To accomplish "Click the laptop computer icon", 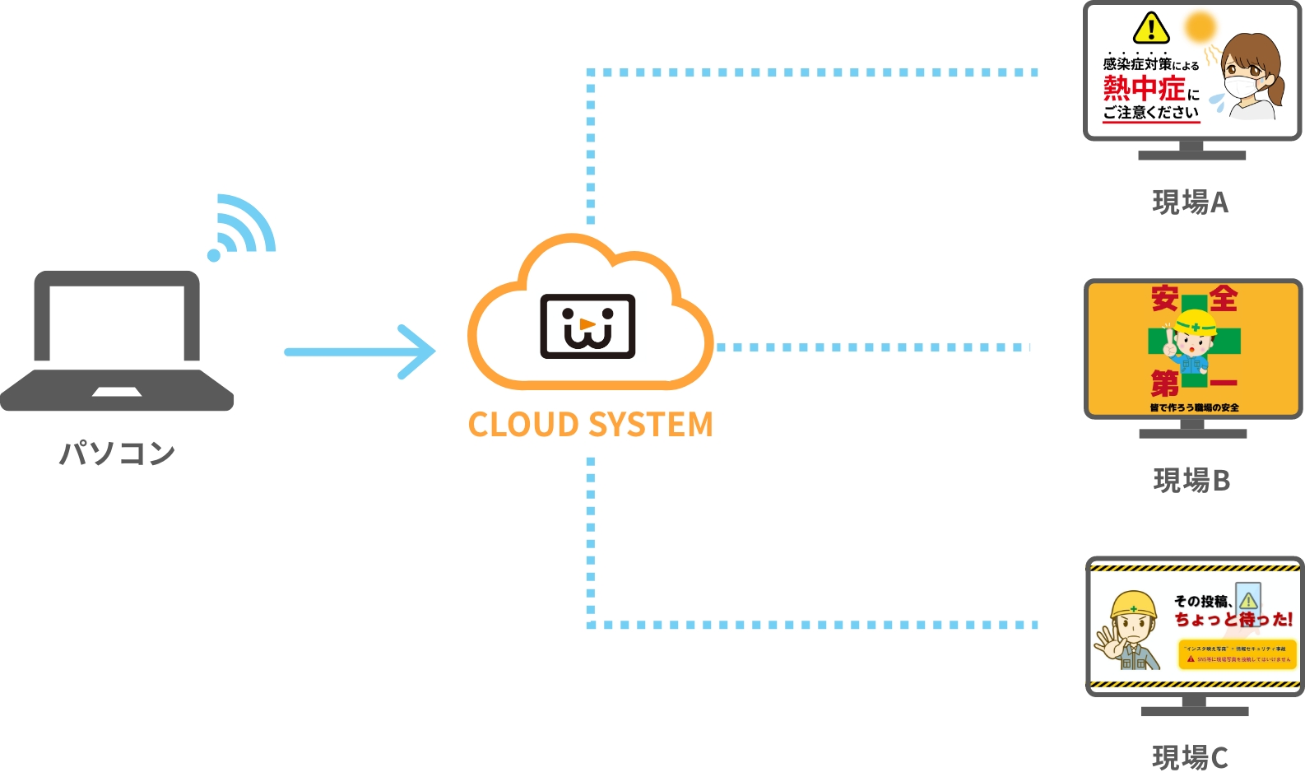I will pyautogui.click(x=117, y=341).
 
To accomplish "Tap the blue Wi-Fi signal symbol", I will pyautogui.click(x=242, y=227).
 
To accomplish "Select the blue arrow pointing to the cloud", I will pyautogui.click(x=360, y=351).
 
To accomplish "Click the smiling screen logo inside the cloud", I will pyautogui.click(x=587, y=326).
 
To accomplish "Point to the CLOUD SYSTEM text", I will pyautogui.click(x=590, y=425).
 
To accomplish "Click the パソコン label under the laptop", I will pyautogui.click(x=118, y=453).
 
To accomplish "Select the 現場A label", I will pyautogui.click(x=1190, y=202).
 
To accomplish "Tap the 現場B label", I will pyautogui.click(x=1191, y=480).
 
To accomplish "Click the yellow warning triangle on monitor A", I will pyautogui.click(x=1151, y=28).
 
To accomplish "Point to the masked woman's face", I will pyautogui.click(x=1247, y=74).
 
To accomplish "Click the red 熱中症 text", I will pyautogui.click(x=1144, y=87).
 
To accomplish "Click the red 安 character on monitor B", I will pyautogui.click(x=1164, y=298).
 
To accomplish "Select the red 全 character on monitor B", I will pyautogui.click(x=1224, y=298).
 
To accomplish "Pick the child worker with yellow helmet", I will pyautogui.click(x=1193, y=346).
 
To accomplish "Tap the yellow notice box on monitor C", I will pyautogui.click(x=1238, y=654).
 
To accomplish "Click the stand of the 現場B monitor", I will pyautogui.click(x=1192, y=429).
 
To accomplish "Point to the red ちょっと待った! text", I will pyautogui.click(x=1233, y=619).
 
